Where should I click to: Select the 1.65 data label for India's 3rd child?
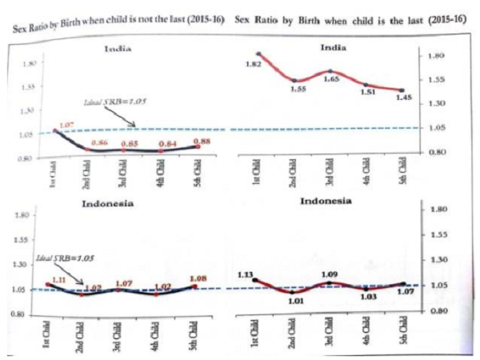tap(330, 80)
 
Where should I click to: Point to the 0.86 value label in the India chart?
tap(101, 142)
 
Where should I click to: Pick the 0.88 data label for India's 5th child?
tap(202, 141)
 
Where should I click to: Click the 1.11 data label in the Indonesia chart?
tap(58, 279)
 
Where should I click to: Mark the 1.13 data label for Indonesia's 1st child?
tap(246, 274)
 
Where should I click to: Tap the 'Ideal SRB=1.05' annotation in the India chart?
tap(113, 102)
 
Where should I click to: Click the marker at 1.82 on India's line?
tap(258, 54)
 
